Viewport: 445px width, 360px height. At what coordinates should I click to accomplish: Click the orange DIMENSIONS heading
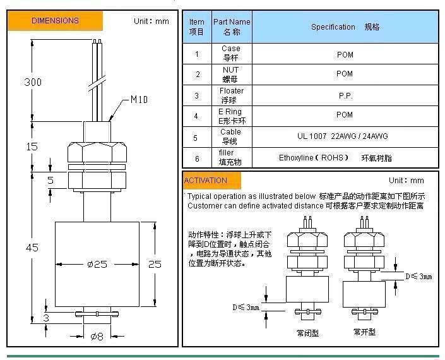click(x=55, y=21)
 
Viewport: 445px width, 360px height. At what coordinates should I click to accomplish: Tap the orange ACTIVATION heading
click(x=206, y=181)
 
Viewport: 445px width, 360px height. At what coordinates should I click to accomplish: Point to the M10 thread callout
click(x=139, y=99)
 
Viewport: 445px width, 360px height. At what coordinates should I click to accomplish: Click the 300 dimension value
click(x=33, y=82)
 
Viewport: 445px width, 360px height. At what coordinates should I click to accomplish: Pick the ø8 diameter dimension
click(x=96, y=337)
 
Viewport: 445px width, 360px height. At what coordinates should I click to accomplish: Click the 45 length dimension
click(x=32, y=248)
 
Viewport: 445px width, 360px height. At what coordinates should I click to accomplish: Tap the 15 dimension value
click(x=31, y=147)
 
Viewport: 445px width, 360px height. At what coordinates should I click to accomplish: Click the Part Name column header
click(x=232, y=27)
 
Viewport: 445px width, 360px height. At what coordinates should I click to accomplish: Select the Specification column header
click(x=345, y=27)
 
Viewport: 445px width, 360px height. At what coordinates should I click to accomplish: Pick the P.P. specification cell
click(x=345, y=96)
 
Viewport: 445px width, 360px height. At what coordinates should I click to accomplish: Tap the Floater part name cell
click(x=232, y=95)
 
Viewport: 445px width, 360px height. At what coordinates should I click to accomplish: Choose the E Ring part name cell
click(x=232, y=116)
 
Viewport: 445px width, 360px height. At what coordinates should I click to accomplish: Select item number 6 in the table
click(x=197, y=159)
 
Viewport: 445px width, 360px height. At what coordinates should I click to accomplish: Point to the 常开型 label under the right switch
click(x=364, y=332)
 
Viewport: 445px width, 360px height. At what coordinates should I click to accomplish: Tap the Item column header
click(x=197, y=27)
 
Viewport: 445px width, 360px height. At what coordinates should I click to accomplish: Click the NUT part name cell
click(x=231, y=75)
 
